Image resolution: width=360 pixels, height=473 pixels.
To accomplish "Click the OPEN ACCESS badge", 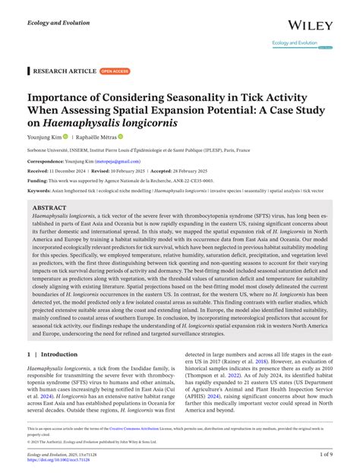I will tap(114, 71).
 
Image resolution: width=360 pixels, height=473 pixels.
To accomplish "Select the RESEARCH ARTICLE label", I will tap(63, 71).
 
